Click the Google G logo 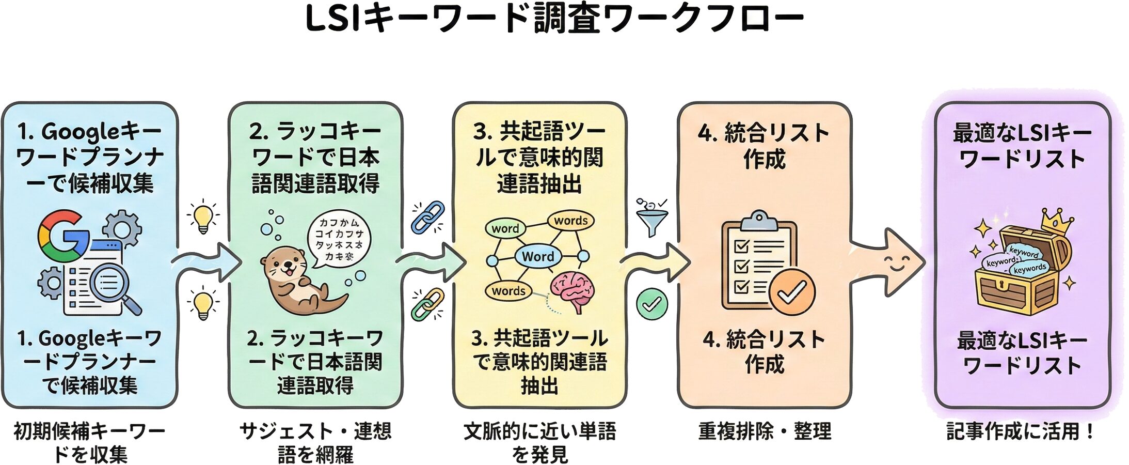tap(62, 236)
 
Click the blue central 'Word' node tap(537, 256)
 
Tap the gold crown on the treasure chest tap(1057, 222)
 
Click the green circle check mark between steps tap(651, 304)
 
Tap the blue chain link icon tap(428, 216)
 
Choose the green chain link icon tap(427, 304)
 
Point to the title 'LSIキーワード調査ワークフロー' tap(555, 20)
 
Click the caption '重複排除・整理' tap(765, 431)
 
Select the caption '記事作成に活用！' tap(1021, 431)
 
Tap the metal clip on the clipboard tap(758, 221)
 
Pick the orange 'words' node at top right tap(570, 221)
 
